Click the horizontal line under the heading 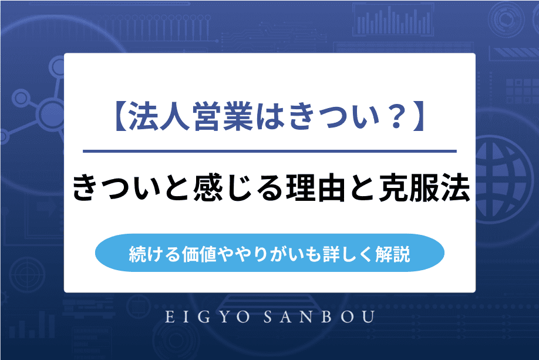(x=269, y=152)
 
